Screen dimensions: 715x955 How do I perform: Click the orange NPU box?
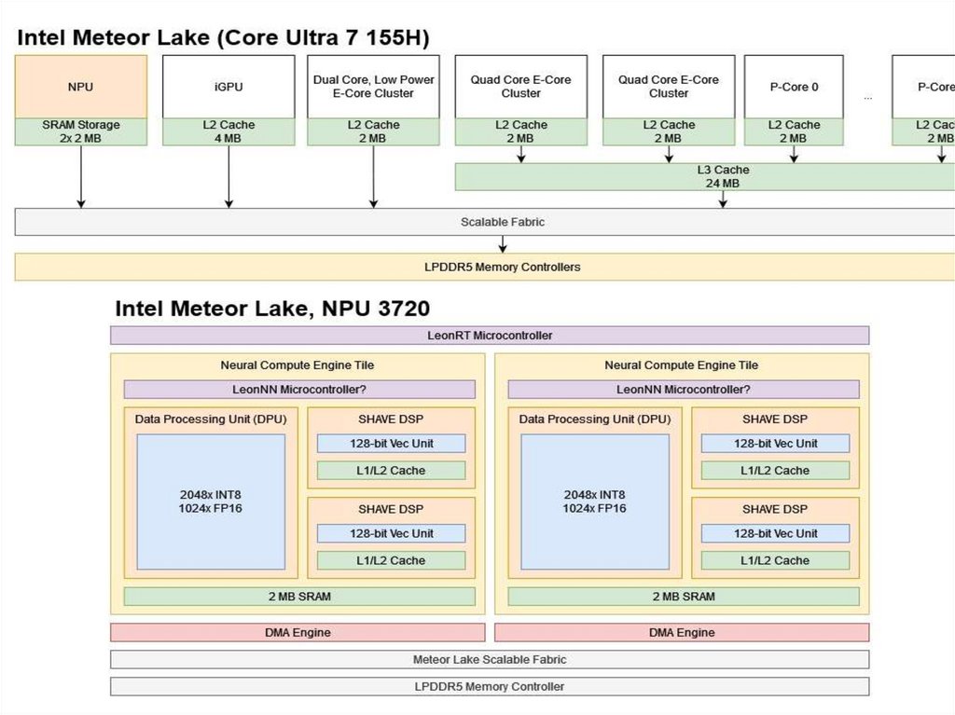[81, 87]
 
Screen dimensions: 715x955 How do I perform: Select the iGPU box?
[228, 87]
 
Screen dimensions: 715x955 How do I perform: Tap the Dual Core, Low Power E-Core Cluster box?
[373, 87]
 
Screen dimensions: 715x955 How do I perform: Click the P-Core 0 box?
[794, 87]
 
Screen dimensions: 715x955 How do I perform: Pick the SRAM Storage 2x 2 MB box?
[81, 131]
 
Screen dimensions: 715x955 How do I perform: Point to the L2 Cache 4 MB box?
[228, 131]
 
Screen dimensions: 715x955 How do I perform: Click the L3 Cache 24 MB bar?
[723, 177]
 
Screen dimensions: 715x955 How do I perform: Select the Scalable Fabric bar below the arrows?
[502, 222]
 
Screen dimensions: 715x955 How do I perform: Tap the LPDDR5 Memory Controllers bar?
[502, 268]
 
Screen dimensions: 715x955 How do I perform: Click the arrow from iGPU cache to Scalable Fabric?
[228, 176]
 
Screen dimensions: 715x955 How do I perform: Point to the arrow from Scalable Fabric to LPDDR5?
[503, 244]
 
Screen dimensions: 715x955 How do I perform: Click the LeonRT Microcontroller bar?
[490, 336]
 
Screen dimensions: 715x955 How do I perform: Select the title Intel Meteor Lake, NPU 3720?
[272, 309]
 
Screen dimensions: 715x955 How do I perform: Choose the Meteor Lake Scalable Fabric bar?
[490, 660]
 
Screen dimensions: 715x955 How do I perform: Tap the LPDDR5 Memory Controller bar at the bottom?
[490, 687]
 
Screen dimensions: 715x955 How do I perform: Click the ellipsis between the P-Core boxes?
[867, 96]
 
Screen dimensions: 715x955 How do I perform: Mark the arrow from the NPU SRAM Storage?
[81, 176]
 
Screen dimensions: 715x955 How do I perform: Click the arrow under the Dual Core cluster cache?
[373, 176]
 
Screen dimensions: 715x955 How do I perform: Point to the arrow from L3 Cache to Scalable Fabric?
[724, 199]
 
